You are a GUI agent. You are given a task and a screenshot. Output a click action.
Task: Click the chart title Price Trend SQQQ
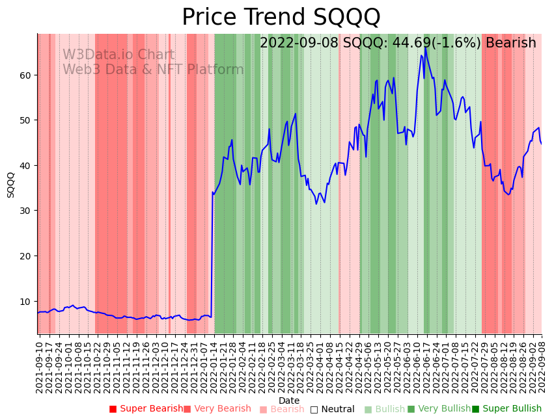click(281, 18)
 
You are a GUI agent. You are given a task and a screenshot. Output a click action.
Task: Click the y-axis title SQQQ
click(10, 185)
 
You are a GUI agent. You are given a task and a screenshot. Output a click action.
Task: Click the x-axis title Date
click(289, 400)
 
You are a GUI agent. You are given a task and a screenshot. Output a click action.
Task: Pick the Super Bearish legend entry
click(146, 409)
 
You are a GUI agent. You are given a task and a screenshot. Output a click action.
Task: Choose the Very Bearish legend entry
click(217, 409)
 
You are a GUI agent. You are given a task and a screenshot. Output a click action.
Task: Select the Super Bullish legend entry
click(506, 409)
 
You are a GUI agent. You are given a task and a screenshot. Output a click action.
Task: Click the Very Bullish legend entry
click(439, 409)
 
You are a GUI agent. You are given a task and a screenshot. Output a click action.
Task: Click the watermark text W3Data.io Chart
click(118, 55)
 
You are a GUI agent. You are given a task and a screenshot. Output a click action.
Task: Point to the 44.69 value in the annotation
click(391, 43)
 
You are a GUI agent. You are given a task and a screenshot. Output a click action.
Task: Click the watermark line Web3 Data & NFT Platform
click(153, 70)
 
